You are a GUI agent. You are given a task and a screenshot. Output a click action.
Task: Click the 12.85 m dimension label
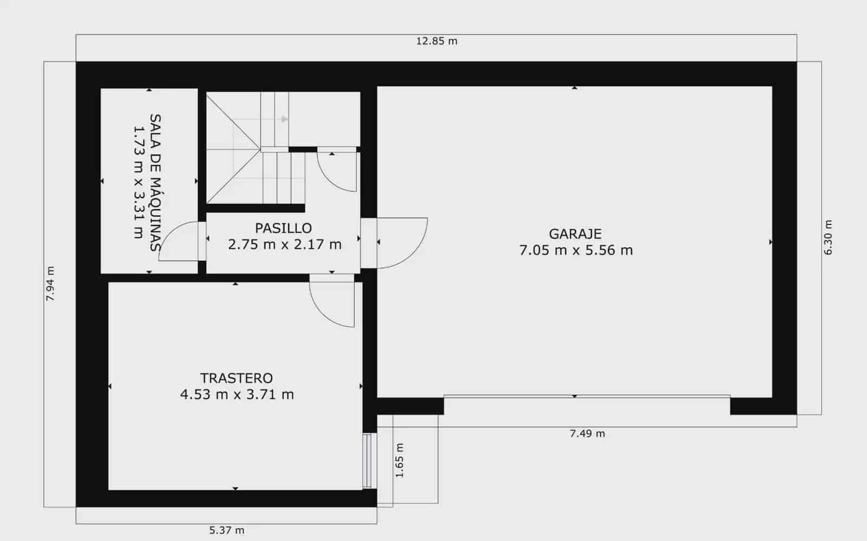coord(437,41)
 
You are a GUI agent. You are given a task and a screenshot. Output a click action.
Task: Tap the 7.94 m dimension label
coord(50,284)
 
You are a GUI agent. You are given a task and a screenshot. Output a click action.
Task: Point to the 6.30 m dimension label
coord(827,237)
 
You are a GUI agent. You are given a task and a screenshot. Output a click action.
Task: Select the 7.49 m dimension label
coord(587,434)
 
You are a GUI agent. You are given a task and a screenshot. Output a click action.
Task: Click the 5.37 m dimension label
coord(227,530)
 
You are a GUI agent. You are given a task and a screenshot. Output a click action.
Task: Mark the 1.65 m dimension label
coord(400,460)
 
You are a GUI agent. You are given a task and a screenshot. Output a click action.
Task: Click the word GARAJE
coord(575,234)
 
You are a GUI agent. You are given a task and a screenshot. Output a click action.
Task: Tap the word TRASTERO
coord(236,378)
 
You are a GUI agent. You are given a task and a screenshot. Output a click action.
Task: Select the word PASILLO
coord(283,228)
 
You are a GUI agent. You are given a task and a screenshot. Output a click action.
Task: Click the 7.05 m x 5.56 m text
coord(575,250)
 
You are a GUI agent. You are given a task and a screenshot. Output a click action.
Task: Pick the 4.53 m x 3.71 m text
coord(237,395)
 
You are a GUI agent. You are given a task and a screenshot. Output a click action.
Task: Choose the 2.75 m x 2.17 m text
coord(284,244)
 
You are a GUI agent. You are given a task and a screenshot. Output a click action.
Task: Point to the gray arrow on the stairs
coord(284,119)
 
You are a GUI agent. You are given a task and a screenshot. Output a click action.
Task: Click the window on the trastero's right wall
coord(367,460)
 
